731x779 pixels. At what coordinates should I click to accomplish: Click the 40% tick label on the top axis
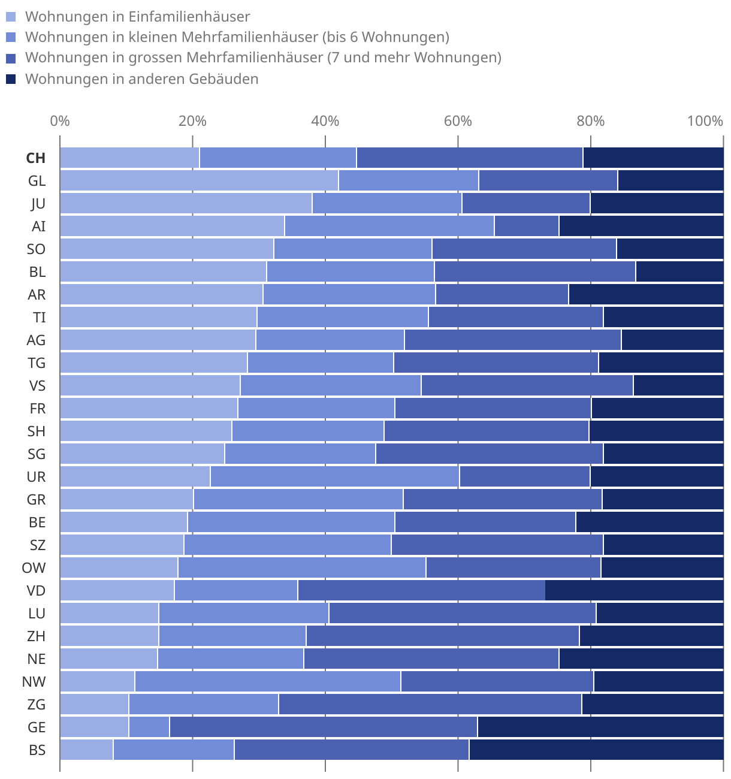tap(325, 121)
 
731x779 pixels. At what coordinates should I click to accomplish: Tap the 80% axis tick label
tap(590, 121)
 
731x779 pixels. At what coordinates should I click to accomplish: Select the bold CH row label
tap(36, 158)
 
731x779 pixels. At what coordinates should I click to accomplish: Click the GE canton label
tap(37, 727)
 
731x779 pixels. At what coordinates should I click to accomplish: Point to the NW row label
tap(34, 682)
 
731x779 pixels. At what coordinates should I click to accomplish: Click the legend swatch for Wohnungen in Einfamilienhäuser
tap(11, 17)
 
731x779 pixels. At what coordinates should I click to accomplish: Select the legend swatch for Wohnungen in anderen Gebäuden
tap(11, 79)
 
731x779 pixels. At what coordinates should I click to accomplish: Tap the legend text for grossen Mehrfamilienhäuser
tap(263, 58)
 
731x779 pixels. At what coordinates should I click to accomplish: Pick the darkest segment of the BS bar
tap(596, 750)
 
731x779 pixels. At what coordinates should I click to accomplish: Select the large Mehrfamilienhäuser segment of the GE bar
tap(323, 727)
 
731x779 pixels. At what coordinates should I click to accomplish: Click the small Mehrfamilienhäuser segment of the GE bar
tap(149, 727)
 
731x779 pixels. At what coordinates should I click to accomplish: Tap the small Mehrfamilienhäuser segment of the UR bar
tap(334, 477)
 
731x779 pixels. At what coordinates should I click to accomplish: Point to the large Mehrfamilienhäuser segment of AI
tap(526, 227)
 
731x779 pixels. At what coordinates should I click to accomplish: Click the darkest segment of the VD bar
tap(634, 591)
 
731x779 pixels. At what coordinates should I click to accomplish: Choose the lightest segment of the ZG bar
tap(94, 705)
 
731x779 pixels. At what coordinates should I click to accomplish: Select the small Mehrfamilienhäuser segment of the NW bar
tap(267, 682)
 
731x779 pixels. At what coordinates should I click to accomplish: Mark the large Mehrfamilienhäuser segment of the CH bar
tap(469, 158)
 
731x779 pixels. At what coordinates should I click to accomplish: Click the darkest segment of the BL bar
tap(679, 272)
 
